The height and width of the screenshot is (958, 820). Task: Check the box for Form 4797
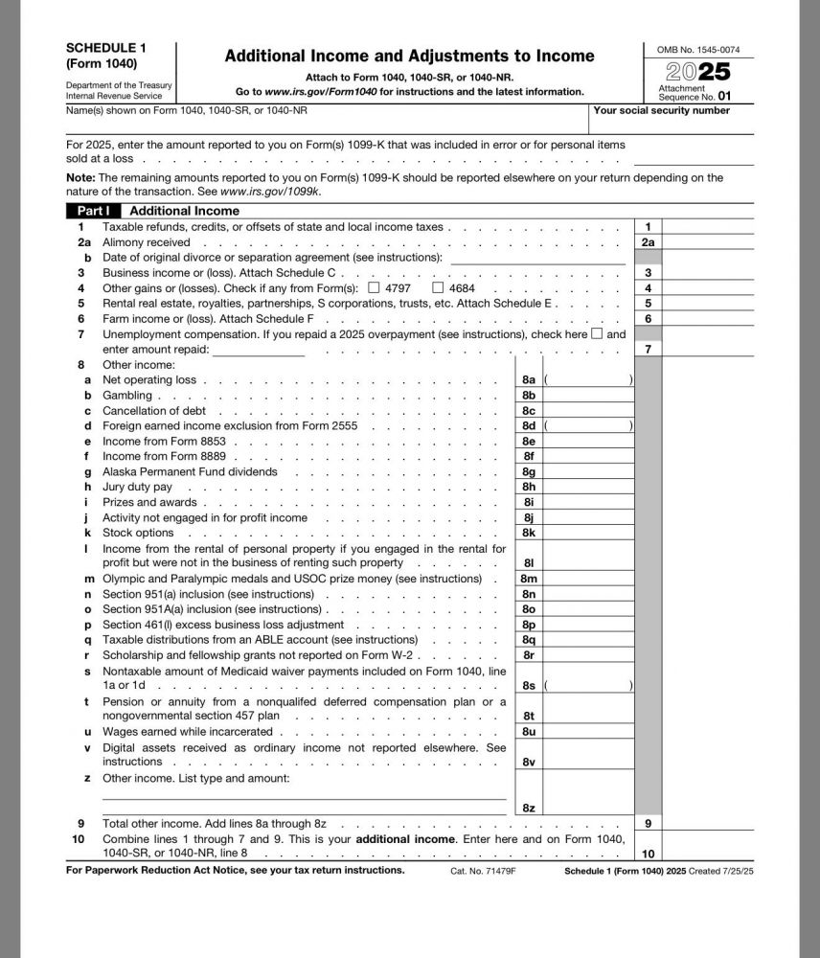(x=374, y=287)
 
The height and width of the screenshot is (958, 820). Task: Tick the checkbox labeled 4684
(x=438, y=287)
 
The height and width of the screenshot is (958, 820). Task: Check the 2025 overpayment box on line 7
(x=597, y=334)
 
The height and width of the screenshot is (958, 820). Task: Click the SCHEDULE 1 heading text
(x=106, y=47)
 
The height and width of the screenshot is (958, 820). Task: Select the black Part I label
(x=94, y=211)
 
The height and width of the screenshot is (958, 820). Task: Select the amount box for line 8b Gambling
(x=587, y=396)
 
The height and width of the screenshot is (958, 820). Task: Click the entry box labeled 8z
(x=587, y=808)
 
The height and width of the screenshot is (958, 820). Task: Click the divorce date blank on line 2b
(x=536, y=258)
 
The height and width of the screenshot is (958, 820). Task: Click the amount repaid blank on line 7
(x=258, y=350)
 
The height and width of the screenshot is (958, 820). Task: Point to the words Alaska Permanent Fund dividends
(x=190, y=471)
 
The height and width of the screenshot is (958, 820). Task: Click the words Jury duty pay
(x=138, y=487)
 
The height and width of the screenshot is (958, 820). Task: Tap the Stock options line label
(x=138, y=533)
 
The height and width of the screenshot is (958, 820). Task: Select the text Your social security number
(x=661, y=111)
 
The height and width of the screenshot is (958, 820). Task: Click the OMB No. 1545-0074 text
(x=697, y=50)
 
